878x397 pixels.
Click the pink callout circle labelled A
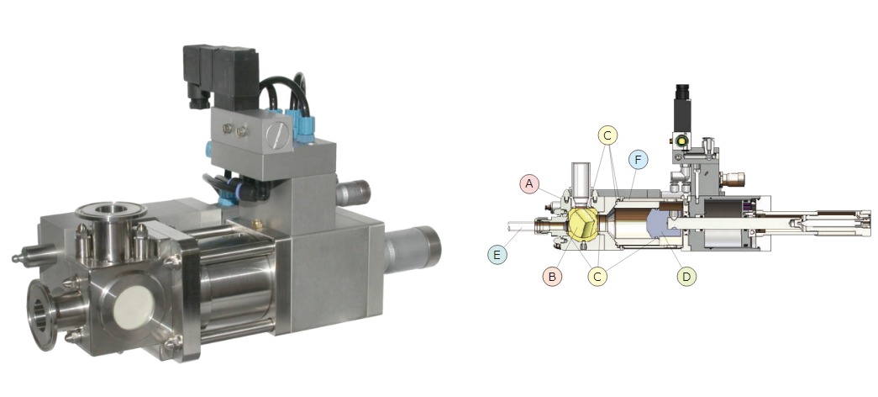(529, 184)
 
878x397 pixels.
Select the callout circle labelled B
(552, 277)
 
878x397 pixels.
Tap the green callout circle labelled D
(686, 277)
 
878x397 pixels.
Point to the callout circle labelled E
(497, 255)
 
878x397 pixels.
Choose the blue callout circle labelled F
(639, 159)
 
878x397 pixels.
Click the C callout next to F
(607, 135)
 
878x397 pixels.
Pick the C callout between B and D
(597, 277)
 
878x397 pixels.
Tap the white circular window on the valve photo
(134, 307)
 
